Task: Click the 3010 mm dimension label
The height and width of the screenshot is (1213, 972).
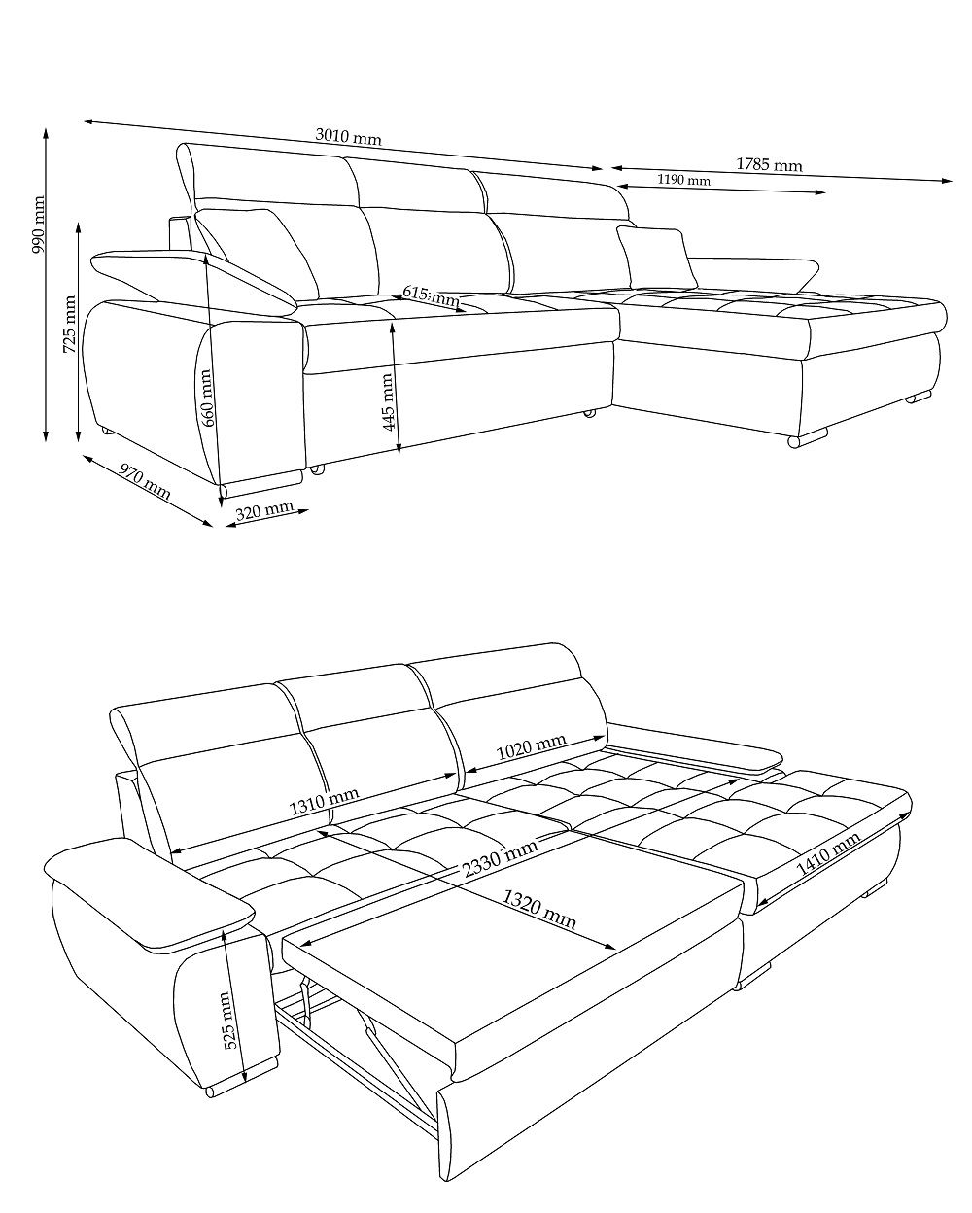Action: click(348, 137)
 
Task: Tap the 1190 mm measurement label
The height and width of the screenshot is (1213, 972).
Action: click(683, 180)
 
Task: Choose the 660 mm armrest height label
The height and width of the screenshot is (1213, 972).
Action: click(206, 398)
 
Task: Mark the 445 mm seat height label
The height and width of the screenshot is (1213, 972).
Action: click(388, 401)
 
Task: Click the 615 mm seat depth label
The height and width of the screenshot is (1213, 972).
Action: click(432, 295)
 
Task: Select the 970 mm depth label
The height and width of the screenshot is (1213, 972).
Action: click(144, 481)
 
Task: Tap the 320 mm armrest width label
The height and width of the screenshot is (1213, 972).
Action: click(264, 510)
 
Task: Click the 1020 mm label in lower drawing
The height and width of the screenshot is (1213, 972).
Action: click(531, 747)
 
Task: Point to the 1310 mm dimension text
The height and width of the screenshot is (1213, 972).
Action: click(324, 801)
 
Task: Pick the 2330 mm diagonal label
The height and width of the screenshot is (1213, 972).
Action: click(500, 858)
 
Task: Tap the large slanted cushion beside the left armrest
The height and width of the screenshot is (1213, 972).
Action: click(257, 255)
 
